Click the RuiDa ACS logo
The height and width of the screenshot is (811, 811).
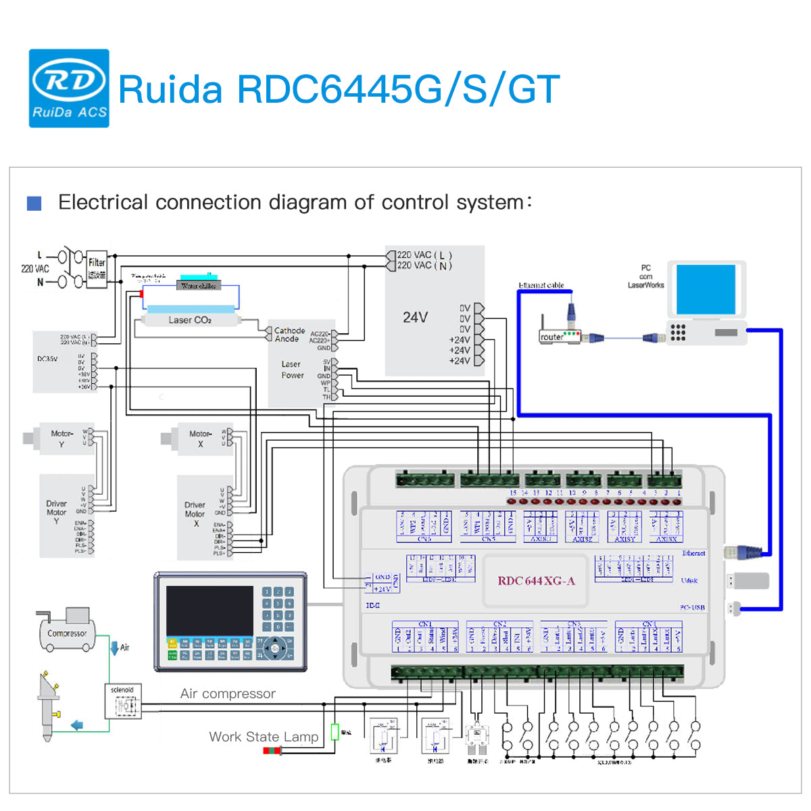69,88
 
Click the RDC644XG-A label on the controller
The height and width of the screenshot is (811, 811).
536,581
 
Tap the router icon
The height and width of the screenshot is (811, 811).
560,335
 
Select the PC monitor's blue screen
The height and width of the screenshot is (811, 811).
706,289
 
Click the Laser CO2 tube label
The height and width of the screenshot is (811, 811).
190,320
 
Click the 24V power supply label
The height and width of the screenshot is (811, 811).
415,317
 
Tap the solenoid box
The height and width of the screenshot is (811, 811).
122,702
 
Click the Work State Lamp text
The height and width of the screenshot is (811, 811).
264,737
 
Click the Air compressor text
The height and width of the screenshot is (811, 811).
228,693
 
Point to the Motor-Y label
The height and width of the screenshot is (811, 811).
62,438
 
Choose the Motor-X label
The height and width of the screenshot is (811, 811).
200,438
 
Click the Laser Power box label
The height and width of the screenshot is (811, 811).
292,369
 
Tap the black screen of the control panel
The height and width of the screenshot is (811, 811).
210,610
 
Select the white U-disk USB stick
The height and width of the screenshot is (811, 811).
750,580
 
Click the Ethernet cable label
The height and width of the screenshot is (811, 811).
541,285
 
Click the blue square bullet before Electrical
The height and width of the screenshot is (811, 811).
34,203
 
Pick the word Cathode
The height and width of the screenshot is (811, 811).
289,330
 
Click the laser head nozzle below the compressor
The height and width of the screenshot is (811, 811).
49,706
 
